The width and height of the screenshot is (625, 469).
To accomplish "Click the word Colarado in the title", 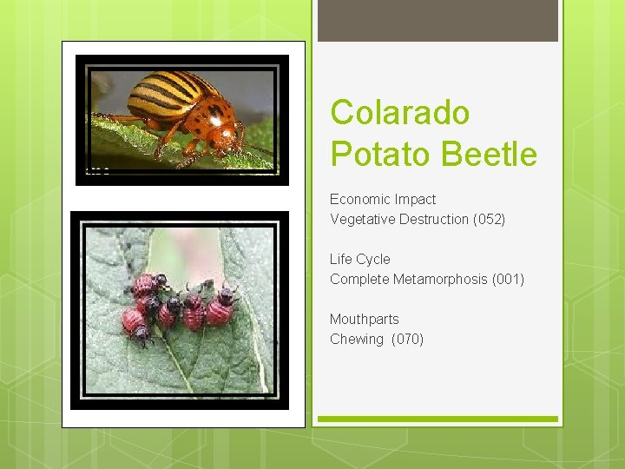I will coord(400,113).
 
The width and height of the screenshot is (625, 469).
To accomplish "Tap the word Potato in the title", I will coord(381,155).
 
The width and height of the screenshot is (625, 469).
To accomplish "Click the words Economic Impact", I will coord(383,199).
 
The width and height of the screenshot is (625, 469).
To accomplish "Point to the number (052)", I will coord(489,219).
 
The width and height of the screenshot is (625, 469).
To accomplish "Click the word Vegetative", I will coord(362,219).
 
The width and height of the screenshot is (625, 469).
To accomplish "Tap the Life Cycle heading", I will coord(360,259).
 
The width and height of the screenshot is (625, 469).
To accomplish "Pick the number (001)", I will coord(508,279).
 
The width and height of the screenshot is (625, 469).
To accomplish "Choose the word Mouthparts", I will coord(365,319).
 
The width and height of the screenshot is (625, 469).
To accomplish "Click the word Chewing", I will coord(357,339).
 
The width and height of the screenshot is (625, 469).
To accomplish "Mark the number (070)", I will coord(408,339).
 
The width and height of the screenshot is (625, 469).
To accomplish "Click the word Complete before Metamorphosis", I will coord(359,279).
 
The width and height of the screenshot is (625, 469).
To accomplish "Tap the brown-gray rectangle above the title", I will coord(437,21).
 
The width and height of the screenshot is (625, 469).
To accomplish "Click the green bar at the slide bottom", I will coord(437,419).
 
